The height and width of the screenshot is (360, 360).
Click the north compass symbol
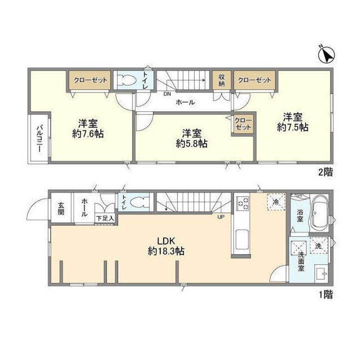[x=326, y=54]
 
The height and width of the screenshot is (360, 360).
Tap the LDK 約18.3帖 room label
[x=166, y=246]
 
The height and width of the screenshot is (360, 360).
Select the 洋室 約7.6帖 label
[x=88, y=128]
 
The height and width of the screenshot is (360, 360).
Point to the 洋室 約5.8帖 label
[x=191, y=138]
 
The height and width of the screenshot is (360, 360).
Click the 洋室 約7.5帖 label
[x=292, y=122]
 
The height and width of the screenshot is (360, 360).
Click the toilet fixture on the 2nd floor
[x=127, y=80]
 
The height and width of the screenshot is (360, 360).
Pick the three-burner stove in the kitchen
[x=243, y=203]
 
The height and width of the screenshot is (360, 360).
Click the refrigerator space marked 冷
[x=276, y=202]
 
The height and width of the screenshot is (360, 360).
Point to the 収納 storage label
[x=221, y=80]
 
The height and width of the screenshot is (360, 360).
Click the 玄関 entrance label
[x=60, y=208]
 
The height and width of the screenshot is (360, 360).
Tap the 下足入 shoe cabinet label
[x=104, y=218]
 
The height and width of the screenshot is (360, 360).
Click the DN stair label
[x=167, y=94]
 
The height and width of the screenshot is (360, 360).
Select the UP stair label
[x=221, y=216]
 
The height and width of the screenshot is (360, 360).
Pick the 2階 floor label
[x=325, y=172]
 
